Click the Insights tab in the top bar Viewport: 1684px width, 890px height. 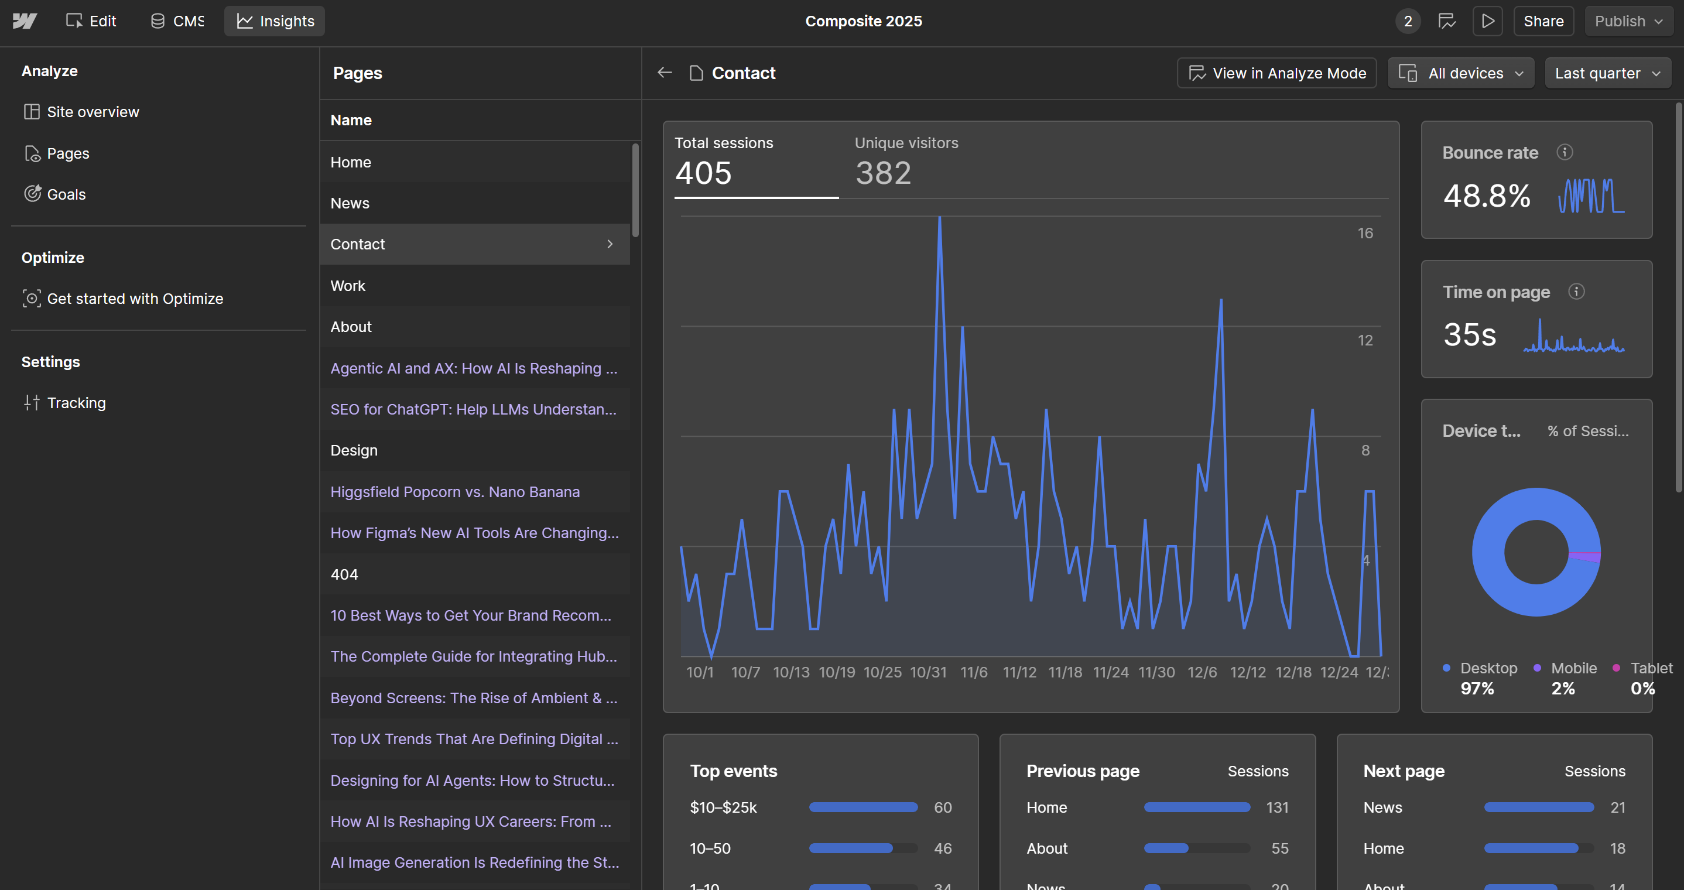pos(275,21)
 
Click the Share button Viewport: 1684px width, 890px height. pos(1543,21)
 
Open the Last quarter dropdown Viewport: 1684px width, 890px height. pos(1607,73)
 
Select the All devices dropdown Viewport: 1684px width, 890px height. pos(1460,73)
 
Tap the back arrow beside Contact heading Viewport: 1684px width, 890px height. pos(664,73)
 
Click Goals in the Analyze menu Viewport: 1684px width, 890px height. pos(66,194)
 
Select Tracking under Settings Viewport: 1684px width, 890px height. pos(76,403)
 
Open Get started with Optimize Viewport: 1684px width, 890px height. pos(135,299)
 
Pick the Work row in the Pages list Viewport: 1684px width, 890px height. pos(348,286)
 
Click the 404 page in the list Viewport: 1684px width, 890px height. pos(344,574)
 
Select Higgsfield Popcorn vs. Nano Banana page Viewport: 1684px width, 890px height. pos(454,492)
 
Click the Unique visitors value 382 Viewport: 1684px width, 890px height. pos(882,173)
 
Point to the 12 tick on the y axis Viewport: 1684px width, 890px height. pos(1365,341)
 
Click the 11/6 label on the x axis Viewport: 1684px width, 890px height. pos(973,672)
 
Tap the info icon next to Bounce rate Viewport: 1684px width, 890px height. pos(1565,152)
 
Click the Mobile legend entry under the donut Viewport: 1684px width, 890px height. pos(1573,668)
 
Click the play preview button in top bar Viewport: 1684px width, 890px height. pos(1487,21)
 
